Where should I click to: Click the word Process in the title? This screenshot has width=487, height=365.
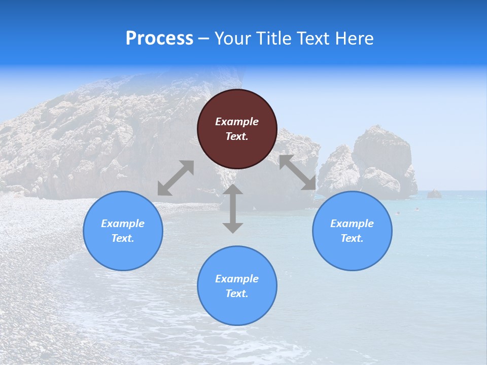point(159,39)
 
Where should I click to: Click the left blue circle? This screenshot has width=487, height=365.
point(123,231)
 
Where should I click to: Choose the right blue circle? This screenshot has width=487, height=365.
point(352,231)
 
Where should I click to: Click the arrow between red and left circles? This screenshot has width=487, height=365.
point(176,178)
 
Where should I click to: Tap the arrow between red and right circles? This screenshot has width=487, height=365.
point(298,173)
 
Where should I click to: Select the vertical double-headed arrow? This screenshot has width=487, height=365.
point(233,209)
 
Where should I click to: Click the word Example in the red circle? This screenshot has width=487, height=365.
point(237,122)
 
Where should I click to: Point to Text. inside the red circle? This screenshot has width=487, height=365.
point(237,136)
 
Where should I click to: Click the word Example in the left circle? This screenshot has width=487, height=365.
point(123,224)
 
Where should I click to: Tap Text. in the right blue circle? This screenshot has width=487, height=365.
point(352,238)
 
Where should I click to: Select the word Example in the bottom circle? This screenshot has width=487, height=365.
point(237,279)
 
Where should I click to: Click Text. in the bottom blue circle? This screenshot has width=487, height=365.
point(237,294)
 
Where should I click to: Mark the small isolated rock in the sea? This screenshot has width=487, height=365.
point(434,194)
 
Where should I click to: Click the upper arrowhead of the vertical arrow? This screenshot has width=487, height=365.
point(233,190)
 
